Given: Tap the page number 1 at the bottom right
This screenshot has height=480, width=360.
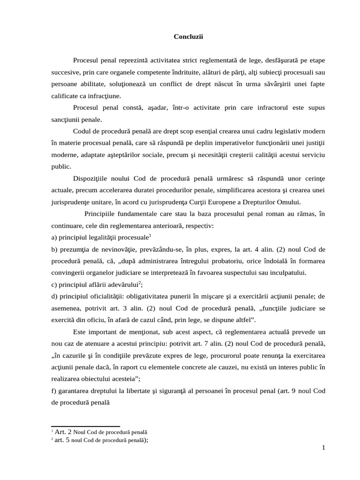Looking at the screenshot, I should click(x=323, y=448).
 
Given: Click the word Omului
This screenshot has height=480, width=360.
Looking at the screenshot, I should click(x=288, y=202).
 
